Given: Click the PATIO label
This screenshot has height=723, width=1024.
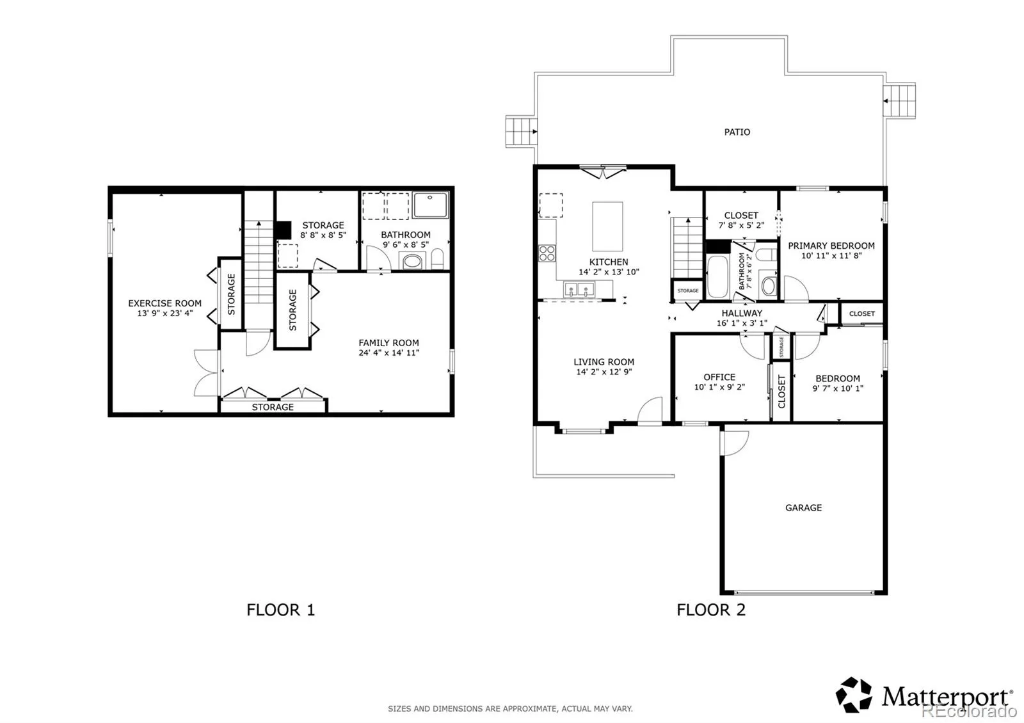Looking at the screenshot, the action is pyautogui.click(x=737, y=132).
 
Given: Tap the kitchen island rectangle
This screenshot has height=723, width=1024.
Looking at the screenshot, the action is pyautogui.click(x=607, y=226).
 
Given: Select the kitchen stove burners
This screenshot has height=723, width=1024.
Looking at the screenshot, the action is pyautogui.click(x=547, y=253).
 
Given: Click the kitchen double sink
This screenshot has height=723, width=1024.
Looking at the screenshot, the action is pyautogui.click(x=579, y=290).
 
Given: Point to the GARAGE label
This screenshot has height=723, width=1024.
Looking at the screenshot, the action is pyautogui.click(x=803, y=508).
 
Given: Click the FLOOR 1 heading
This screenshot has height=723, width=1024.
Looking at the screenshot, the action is pyautogui.click(x=281, y=610).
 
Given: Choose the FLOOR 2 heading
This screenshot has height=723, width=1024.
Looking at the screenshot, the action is pyautogui.click(x=711, y=610).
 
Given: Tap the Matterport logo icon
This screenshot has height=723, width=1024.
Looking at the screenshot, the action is pyautogui.click(x=854, y=695).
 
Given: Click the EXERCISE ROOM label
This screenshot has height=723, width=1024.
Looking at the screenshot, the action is pyautogui.click(x=164, y=303).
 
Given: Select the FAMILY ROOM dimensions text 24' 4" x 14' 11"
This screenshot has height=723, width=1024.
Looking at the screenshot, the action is pyautogui.click(x=388, y=353).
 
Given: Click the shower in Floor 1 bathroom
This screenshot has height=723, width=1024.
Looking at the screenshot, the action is pyautogui.click(x=430, y=205).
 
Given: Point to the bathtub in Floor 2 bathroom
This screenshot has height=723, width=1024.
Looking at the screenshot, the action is pyautogui.click(x=717, y=276).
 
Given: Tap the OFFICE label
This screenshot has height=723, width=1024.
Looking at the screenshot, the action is pyautogui.click(x=719, y=377).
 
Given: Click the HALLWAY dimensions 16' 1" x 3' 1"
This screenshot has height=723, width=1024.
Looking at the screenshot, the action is pyautogui.click(x=742, y=323).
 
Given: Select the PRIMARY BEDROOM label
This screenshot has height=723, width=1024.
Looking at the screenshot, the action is pyautogui.click(x=831, y=246).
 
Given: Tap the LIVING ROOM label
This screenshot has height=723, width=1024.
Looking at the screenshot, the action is pyautogui.click(x=604, y=362).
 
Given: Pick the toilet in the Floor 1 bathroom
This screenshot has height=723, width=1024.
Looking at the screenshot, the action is pyautogui.click(x=438, y=258).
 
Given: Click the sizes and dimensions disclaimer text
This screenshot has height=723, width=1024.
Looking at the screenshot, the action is pyautogui.click(x=510, y=709).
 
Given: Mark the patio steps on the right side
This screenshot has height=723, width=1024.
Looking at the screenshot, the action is pyautogui.click(x=899, y=100).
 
